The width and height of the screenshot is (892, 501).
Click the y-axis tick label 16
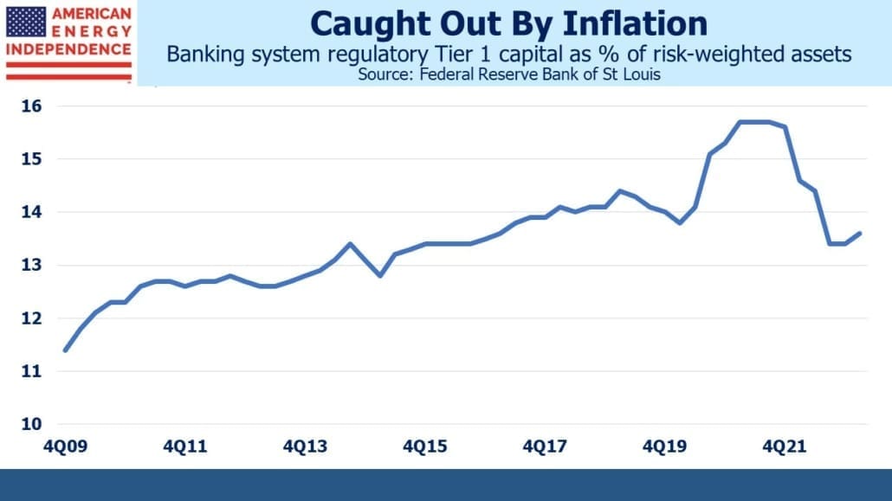(x=32, y=106)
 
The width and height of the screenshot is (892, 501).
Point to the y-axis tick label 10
(x=32, y=424)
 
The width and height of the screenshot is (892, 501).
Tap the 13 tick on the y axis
(x=32, y=265)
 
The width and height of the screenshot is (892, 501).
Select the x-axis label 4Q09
(x=66, y=446)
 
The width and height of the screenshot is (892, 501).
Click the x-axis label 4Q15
(x=425, y=446)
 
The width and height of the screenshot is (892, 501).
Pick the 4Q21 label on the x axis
(x=785, y=446)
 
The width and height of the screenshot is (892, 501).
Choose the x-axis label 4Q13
(x=305, y=446)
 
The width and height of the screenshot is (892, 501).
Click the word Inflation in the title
(x=635, y=24)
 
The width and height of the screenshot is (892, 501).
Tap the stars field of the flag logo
(x=26, y=22)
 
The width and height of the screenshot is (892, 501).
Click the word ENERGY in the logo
(x=92, y=31)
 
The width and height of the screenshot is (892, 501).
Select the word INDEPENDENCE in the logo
(x=68, y=49)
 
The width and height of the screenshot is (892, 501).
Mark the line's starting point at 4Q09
(x=66, y=350)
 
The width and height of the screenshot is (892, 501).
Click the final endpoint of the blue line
(x=859, y=233)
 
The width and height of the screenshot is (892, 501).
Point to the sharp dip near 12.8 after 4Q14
(x=380, y=276)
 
